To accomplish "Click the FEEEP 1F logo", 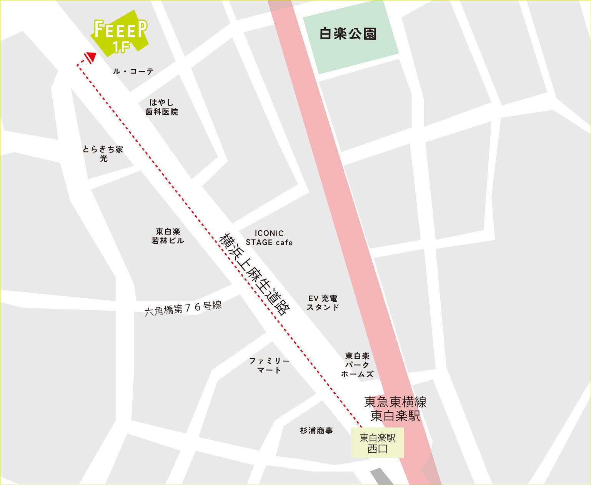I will [120, 33].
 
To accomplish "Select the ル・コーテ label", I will [133, 71].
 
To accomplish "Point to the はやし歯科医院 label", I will [161, 107].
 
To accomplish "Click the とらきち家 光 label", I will [103, 153].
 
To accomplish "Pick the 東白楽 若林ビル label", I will [168, 236].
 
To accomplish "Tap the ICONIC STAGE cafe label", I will [269, 237].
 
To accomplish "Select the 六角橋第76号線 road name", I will [183, 308].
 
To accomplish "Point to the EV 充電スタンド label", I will [323, 303].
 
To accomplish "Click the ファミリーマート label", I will [269, 365].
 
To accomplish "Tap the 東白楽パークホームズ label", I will [357, 365].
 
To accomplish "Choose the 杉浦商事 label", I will [316, 431].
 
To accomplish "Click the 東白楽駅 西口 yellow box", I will [377, 443].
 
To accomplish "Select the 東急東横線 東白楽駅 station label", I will [395, 409].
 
